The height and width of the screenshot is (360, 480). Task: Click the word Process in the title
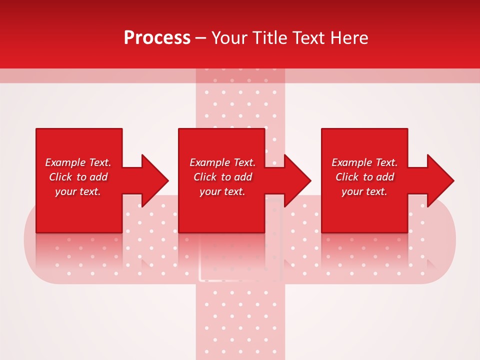(157, 38)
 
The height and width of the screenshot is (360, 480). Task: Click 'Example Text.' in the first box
(78, 162)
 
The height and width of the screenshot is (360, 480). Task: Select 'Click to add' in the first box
(78, 177)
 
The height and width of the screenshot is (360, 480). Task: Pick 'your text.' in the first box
(78, 191)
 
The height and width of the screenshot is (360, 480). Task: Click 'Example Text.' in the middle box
(222, 162)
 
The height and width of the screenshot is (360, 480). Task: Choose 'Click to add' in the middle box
(222, 177)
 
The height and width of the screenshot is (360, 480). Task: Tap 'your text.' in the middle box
(222, 191)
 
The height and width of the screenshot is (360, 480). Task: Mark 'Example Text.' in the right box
(364, 162)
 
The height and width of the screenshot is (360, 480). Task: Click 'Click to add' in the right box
(364, 177)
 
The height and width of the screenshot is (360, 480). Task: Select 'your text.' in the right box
(364, 191)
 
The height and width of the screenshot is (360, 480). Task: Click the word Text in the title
(307, 38)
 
